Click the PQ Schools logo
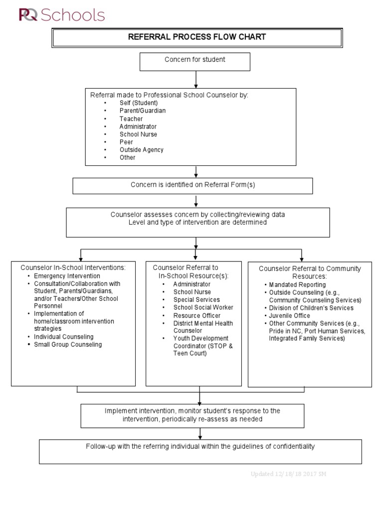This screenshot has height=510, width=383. point(62,15)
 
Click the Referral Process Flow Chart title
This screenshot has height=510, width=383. point(197,37)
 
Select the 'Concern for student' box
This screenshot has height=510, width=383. point(195,60)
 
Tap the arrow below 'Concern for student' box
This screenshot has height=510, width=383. point(196,79)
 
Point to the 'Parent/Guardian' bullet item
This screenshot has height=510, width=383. point(142,111)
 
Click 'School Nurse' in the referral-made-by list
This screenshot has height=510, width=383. point(138,134)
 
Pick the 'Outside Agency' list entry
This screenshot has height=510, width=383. point(141,149)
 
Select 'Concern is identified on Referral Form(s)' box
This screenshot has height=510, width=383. point(192,185)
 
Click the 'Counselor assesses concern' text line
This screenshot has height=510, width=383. point(197,215)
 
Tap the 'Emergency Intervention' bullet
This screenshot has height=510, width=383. point(67,275)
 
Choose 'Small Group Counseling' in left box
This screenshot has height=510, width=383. point(67,344)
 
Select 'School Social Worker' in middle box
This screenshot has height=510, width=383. point(196,307)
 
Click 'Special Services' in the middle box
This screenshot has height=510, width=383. point(196,300)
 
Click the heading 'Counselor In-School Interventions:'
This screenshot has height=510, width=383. point(73,267)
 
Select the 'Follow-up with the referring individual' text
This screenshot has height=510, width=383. point(200,446)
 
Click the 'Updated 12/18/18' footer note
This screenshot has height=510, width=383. point(289,474)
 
